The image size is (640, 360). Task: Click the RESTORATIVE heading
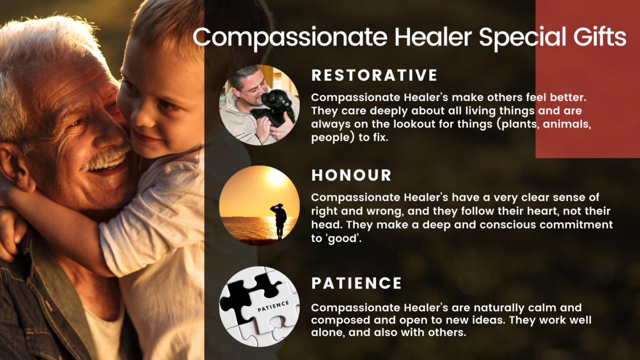click(x=374, y=75)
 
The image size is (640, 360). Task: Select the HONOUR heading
click(x=351, y=176)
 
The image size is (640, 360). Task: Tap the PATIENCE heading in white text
click(x=356, y=283)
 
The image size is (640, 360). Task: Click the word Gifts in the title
click(x=600, y=37)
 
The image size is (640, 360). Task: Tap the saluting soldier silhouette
click(x=280, y=220)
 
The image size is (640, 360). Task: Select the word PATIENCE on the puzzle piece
click(x=273, y=307)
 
